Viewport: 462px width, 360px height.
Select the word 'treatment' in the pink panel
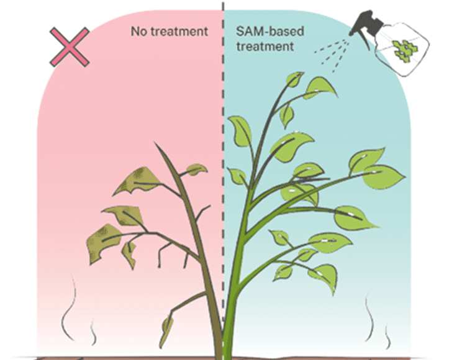(179, 30)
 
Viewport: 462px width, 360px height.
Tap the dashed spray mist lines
(332, 53)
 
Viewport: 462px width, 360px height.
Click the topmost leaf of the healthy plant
(295, 79)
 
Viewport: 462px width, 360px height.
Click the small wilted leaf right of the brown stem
(196, 168)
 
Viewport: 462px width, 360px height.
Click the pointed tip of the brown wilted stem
(155, 145)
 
